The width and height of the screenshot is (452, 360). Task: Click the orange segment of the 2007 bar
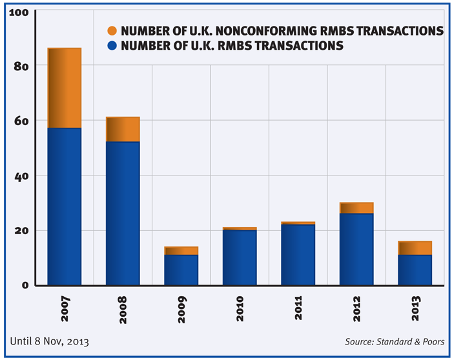click(65, 88)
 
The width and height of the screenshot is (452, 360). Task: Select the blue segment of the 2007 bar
click(65, 206)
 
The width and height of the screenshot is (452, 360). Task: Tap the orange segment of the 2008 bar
click(123, 129)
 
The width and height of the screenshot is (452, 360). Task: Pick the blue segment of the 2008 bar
click(123, 213)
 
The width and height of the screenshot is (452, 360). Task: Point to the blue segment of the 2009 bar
click(181, 270)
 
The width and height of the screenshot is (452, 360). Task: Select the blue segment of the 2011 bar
click(298, 254)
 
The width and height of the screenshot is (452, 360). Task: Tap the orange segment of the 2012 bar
click(356, 208)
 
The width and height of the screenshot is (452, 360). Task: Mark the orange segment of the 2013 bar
click(415, 248)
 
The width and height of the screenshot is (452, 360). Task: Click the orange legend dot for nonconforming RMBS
click(112, 31)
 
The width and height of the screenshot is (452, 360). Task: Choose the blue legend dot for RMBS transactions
click(112, 46)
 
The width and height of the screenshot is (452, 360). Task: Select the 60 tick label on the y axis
click(21, 121)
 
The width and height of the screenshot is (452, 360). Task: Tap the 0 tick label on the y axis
click(25, 285)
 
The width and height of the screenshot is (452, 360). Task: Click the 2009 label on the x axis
click(181, 308)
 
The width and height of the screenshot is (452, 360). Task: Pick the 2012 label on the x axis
click(356, 308)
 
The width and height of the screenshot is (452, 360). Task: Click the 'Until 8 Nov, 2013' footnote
click(50, 341)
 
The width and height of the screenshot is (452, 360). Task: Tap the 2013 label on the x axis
click(415, 308)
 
